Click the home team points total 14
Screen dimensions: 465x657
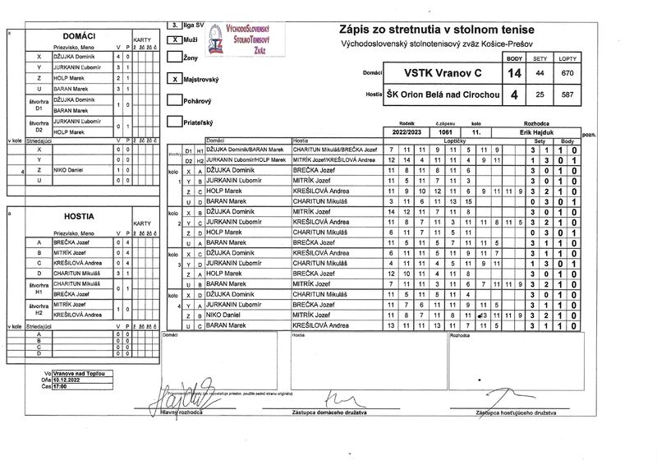514,73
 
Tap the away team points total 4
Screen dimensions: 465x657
514,95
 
